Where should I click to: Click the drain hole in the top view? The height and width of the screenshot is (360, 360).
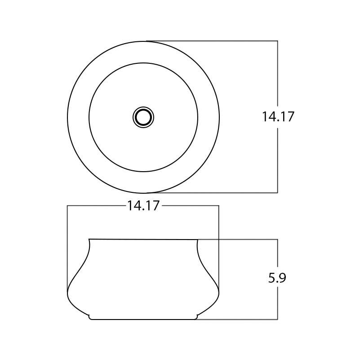pyautogui.click(x=143, y=117)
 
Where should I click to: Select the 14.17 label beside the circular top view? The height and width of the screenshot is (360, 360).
pyautogui.click(x=278, y=117)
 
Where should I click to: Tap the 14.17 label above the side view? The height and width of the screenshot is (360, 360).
pyautogui.click(x=143, y=206)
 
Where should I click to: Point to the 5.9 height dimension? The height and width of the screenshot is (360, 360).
pyautogui.click(x=277, y=278)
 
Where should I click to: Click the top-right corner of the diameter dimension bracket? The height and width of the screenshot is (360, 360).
pyautogui.click(x=277, y=41)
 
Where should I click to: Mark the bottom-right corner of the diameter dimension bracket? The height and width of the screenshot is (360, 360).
pyautogui.click(x=277, y=193)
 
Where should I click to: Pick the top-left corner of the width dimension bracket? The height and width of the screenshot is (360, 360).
pyautogui.click(x=67, y=206)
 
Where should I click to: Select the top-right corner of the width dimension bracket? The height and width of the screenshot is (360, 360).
pyautogui.click(x=219, y=206)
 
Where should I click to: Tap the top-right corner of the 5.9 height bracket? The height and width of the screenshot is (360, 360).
pyautogui.click(x=277, y=239)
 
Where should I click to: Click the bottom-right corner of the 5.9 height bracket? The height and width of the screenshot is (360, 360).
pyautogui.click(x=277, y=319)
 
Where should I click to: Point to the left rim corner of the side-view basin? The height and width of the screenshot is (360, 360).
pyautogui.click(x=89, y=239)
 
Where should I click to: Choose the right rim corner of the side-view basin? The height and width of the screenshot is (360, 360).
pyautogui.click(x=198, y=239)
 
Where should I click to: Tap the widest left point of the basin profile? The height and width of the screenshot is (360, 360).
pyautogui.click(x=67, y=293)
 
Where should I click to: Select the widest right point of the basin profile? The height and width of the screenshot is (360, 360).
pyautogui.click(x=219, y=293)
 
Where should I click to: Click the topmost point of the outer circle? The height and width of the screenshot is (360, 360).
pyautogui.click(x=143, y=41)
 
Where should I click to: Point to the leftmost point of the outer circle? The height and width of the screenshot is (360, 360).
pyautogui.click(x=67, y=117)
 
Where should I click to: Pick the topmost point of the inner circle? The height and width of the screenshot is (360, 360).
pyautogui.click(x=143, y=63)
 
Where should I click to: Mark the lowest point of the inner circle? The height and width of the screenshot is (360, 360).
pyautogui.click(x=143, y=172)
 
